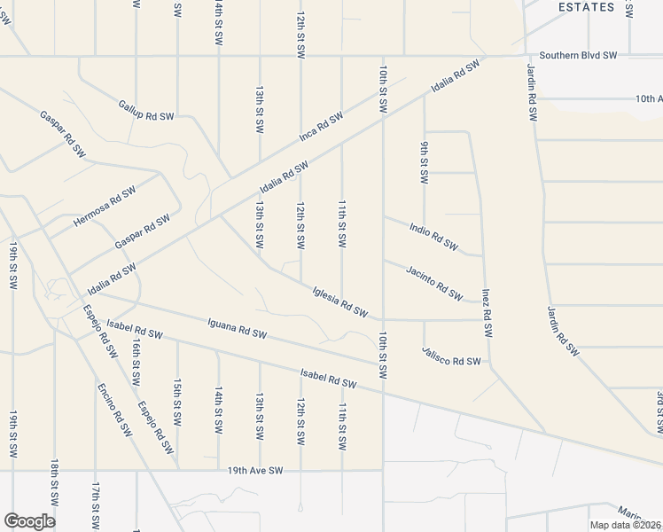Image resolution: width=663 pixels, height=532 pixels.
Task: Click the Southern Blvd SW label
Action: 573,56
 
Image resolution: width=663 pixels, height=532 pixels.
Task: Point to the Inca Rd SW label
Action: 321,128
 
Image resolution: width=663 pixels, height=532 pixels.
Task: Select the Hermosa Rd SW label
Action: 105,206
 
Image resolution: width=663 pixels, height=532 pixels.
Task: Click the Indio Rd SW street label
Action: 434,237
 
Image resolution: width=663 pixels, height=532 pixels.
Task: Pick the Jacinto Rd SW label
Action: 434,283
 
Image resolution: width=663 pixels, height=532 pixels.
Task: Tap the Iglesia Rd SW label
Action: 340,300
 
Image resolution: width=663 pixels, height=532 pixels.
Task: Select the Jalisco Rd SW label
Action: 452,361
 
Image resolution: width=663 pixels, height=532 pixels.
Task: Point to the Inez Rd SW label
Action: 487,312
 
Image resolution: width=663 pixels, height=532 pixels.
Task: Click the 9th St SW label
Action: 424,162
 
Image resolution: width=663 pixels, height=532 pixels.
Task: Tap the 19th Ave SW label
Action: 254,470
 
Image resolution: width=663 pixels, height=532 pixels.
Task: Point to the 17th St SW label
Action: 95,504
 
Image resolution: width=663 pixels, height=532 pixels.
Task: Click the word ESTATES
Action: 586,7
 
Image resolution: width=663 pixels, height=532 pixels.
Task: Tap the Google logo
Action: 29,520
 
